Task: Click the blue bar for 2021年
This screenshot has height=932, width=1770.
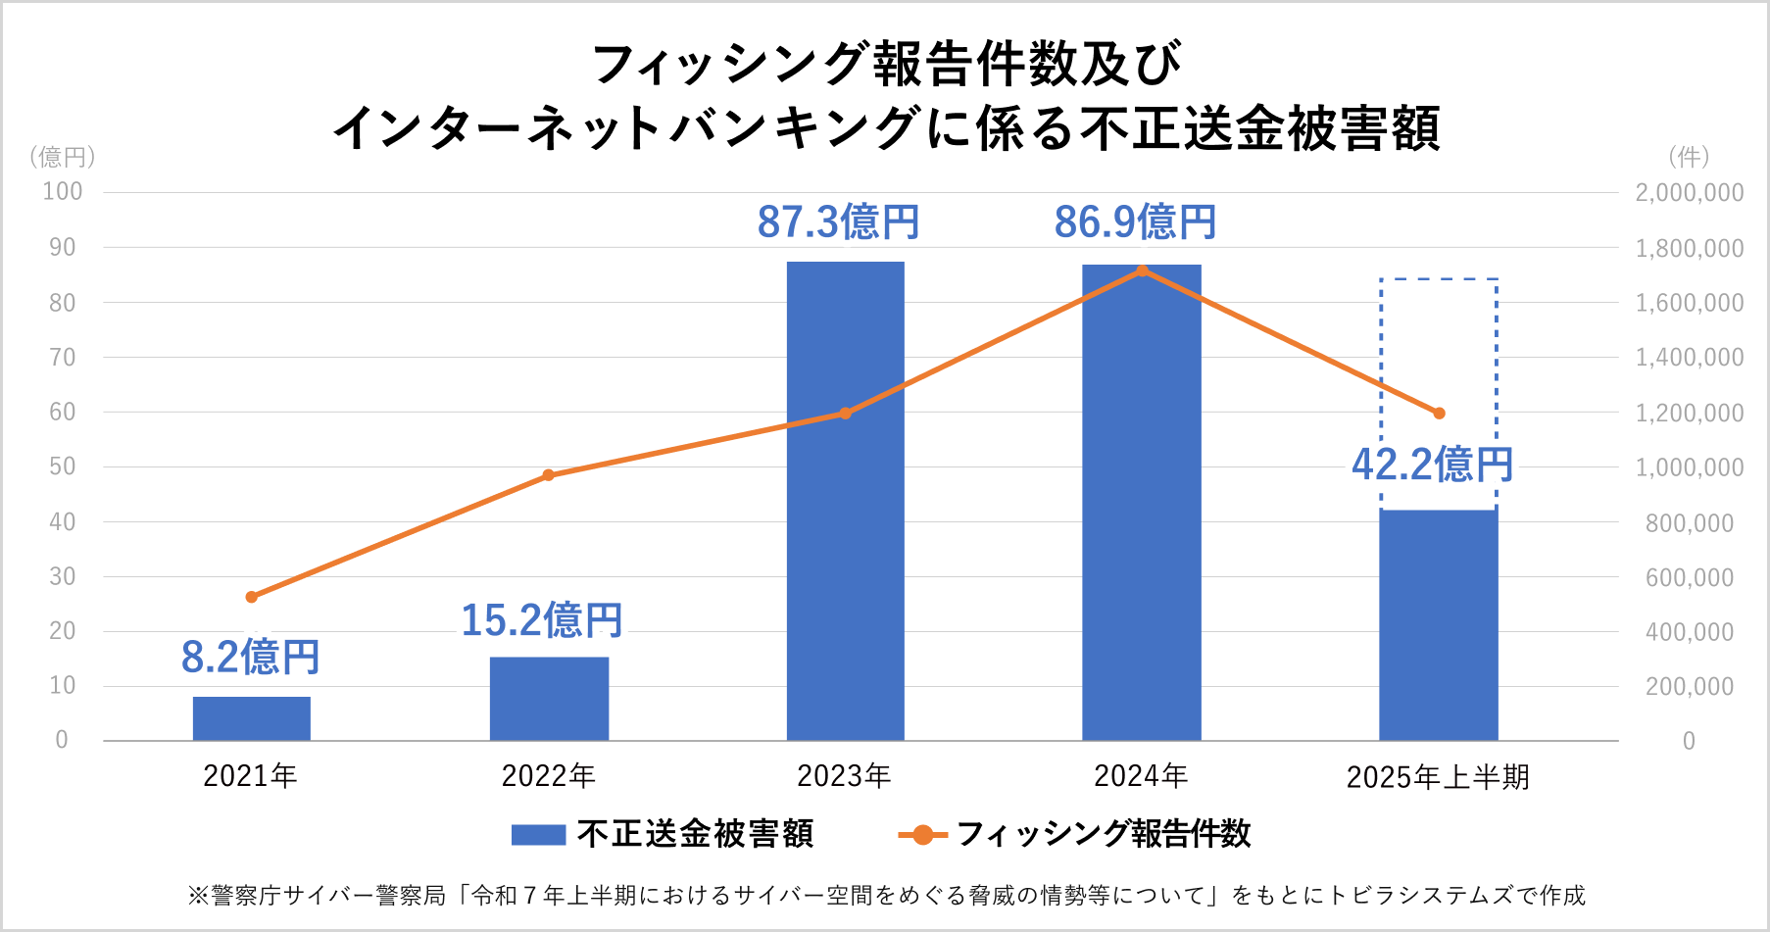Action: (252, 718)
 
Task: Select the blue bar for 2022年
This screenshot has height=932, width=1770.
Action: (549, 698)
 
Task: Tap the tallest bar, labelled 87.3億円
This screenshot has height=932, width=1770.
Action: (846, 501)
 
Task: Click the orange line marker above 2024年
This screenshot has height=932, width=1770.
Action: (1142, 270)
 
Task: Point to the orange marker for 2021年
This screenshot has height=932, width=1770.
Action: (252, 597)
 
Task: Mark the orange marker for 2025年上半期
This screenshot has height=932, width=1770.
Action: (1439, 414)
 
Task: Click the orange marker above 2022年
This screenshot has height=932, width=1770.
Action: (549, 475)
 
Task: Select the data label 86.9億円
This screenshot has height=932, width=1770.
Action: (1135, 222)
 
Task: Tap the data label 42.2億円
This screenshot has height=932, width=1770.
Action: (1432, 465)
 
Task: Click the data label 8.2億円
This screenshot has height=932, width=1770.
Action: (251, 657)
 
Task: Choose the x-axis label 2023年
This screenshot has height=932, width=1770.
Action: (844, 776)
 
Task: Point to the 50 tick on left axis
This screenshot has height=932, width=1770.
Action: (62, 466)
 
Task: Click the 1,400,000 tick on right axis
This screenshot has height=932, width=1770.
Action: (1690, 358)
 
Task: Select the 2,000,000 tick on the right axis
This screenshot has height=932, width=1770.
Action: (1690, 193)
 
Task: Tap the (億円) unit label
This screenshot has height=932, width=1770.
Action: (62, 157)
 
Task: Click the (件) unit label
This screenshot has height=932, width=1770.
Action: (1689, 157)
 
